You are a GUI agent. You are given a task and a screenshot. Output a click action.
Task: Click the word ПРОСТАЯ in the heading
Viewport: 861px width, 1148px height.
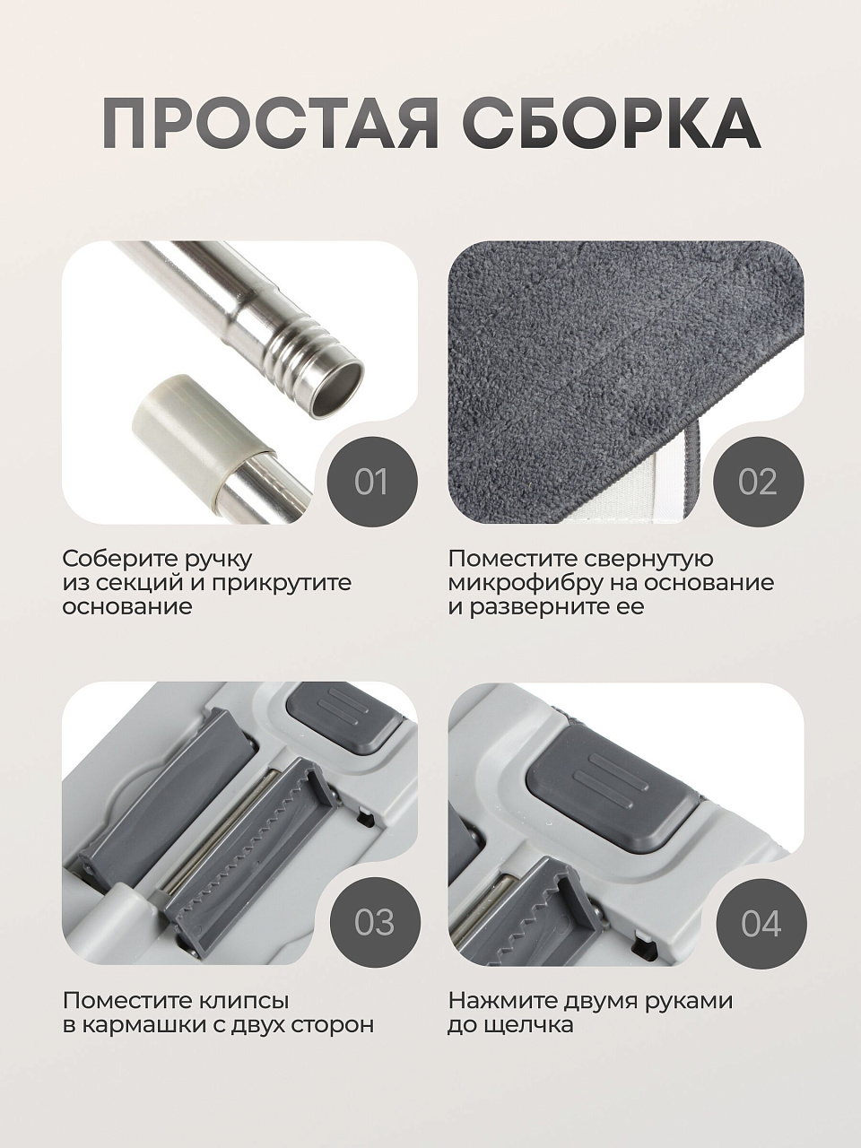270,124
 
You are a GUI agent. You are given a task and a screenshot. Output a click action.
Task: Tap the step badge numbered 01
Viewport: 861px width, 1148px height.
371,481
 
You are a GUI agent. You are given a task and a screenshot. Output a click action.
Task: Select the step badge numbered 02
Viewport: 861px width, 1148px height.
759,481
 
